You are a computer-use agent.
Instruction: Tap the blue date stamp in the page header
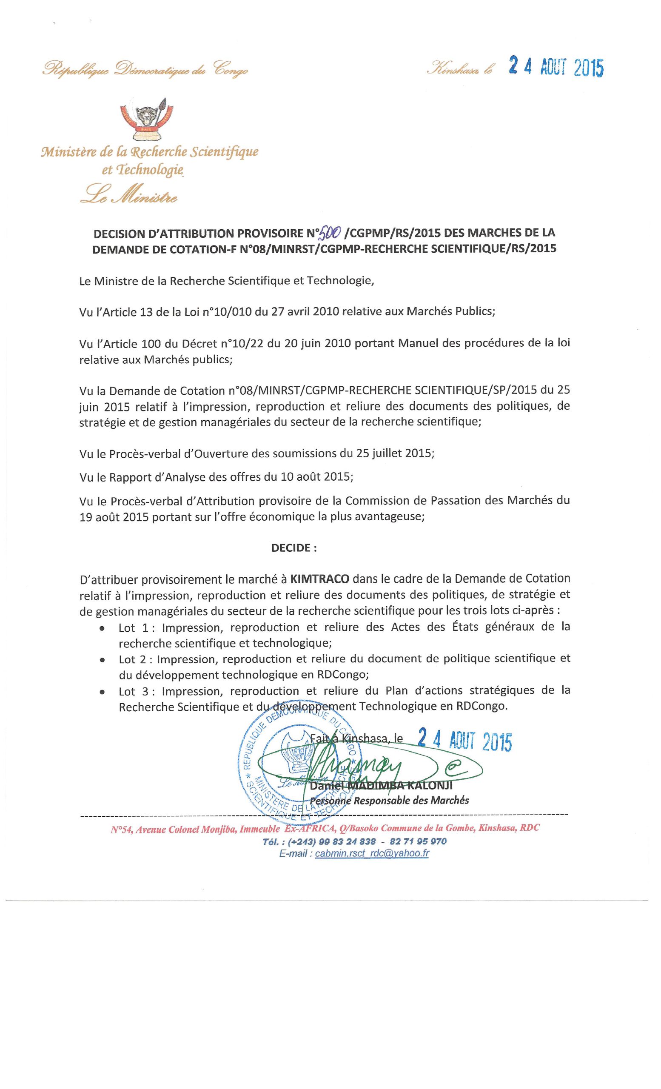[x=556, y=67]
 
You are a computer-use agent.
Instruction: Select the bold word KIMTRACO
[x=319, y=578]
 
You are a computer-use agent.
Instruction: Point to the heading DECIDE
[x=294, y=547]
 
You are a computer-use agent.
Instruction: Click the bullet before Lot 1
[x=103, y=628]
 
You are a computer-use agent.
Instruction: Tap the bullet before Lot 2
[x=103, y=660]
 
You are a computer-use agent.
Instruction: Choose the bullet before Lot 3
[x=103, y=692]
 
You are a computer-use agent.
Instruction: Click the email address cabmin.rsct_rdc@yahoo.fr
[x=372, y=853]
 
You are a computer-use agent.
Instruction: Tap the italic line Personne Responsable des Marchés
[x=389, y=800]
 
